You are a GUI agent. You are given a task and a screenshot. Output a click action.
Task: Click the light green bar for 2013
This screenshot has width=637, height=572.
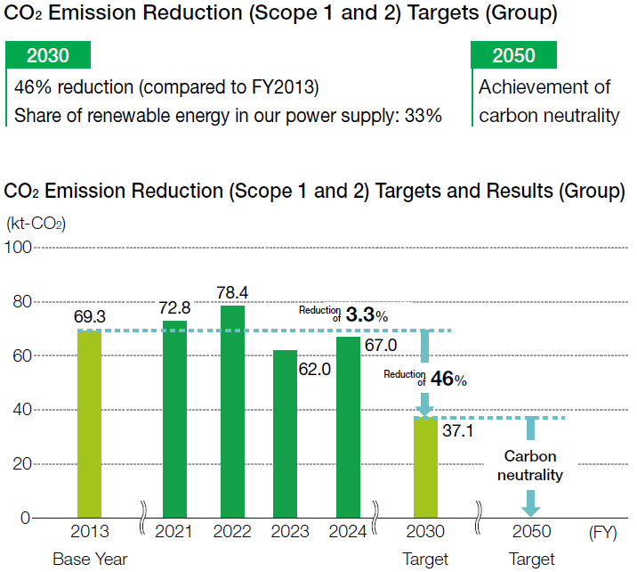coord(90,423)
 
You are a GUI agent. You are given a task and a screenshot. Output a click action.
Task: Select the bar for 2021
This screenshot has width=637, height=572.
coord(174,419)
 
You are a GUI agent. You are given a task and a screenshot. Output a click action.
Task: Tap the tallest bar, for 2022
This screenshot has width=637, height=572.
coord(232,412)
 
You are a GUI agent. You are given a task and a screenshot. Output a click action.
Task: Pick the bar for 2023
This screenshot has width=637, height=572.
coord(285,434)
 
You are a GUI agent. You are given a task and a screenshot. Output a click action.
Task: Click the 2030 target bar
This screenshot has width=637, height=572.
coord(426,468)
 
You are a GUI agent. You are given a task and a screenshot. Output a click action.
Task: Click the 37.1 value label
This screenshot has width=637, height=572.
coord(458,433)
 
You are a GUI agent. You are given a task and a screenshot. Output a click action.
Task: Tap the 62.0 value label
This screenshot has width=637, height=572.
coord(314,367)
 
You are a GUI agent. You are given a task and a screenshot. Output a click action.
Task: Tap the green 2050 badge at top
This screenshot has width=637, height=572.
coord(513,56)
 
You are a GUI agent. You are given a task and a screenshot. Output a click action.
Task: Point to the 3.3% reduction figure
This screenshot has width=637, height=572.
coord(366,315)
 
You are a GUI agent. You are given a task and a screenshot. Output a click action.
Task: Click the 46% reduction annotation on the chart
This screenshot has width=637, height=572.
coord(448,378)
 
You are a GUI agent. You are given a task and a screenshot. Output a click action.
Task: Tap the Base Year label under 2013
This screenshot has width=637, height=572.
coord(90,560)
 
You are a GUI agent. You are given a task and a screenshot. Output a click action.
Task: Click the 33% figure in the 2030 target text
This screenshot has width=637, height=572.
coord(422,116)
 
